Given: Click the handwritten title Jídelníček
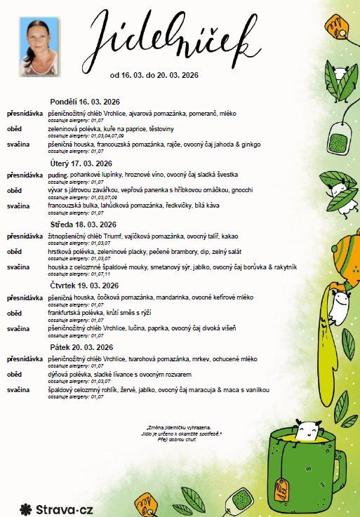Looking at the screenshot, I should pyautogui.click(x=175, y=35).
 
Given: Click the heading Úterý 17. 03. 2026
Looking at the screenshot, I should pyautogui.click(x=81, y=163).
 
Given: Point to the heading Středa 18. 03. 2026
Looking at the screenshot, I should pyautogui.click(x=83, y=224).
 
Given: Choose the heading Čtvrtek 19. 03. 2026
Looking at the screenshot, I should pyautogui.click(x=83, y=286).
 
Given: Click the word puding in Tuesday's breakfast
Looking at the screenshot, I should pyautogui.click(x=58, y=174).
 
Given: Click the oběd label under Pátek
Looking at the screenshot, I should pyautogui.click(x=14, y=374).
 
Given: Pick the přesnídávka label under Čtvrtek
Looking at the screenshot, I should pyautogui.click(x=25, y=297).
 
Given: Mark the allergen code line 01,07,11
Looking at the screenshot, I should pyautogui.click(x=91, y=274).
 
